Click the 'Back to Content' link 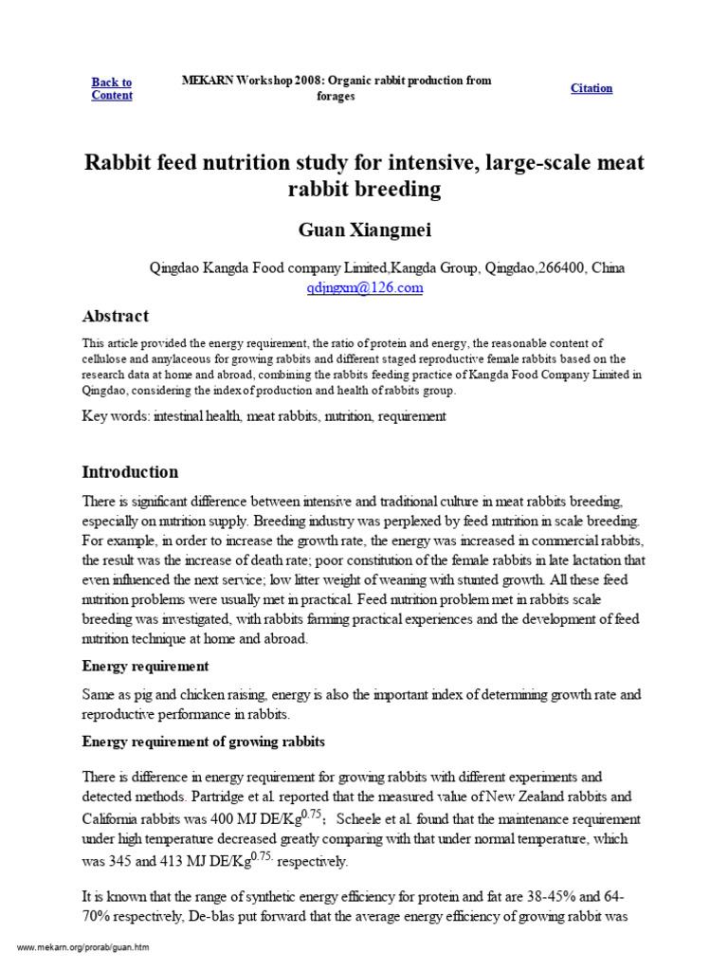112,88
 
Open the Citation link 591,88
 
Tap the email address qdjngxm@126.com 364,288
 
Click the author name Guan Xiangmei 364,229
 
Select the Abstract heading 116,316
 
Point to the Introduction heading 130,471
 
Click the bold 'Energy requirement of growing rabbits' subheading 204,741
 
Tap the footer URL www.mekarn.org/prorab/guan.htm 83,947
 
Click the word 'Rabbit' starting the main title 118,163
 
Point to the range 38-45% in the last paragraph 519,896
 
